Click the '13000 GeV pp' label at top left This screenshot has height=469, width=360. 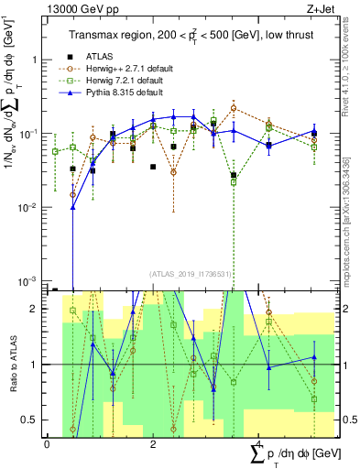point(74,7)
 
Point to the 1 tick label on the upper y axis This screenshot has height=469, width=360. point(36,60)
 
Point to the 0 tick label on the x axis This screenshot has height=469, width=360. point(47,444)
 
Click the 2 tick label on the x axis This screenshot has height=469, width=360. point(152,444)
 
